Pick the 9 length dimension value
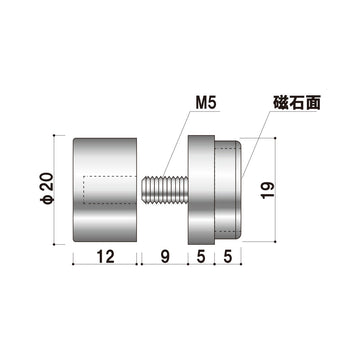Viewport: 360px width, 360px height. click(x=164, y=256)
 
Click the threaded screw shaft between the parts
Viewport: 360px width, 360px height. click(x=164, y=190)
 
